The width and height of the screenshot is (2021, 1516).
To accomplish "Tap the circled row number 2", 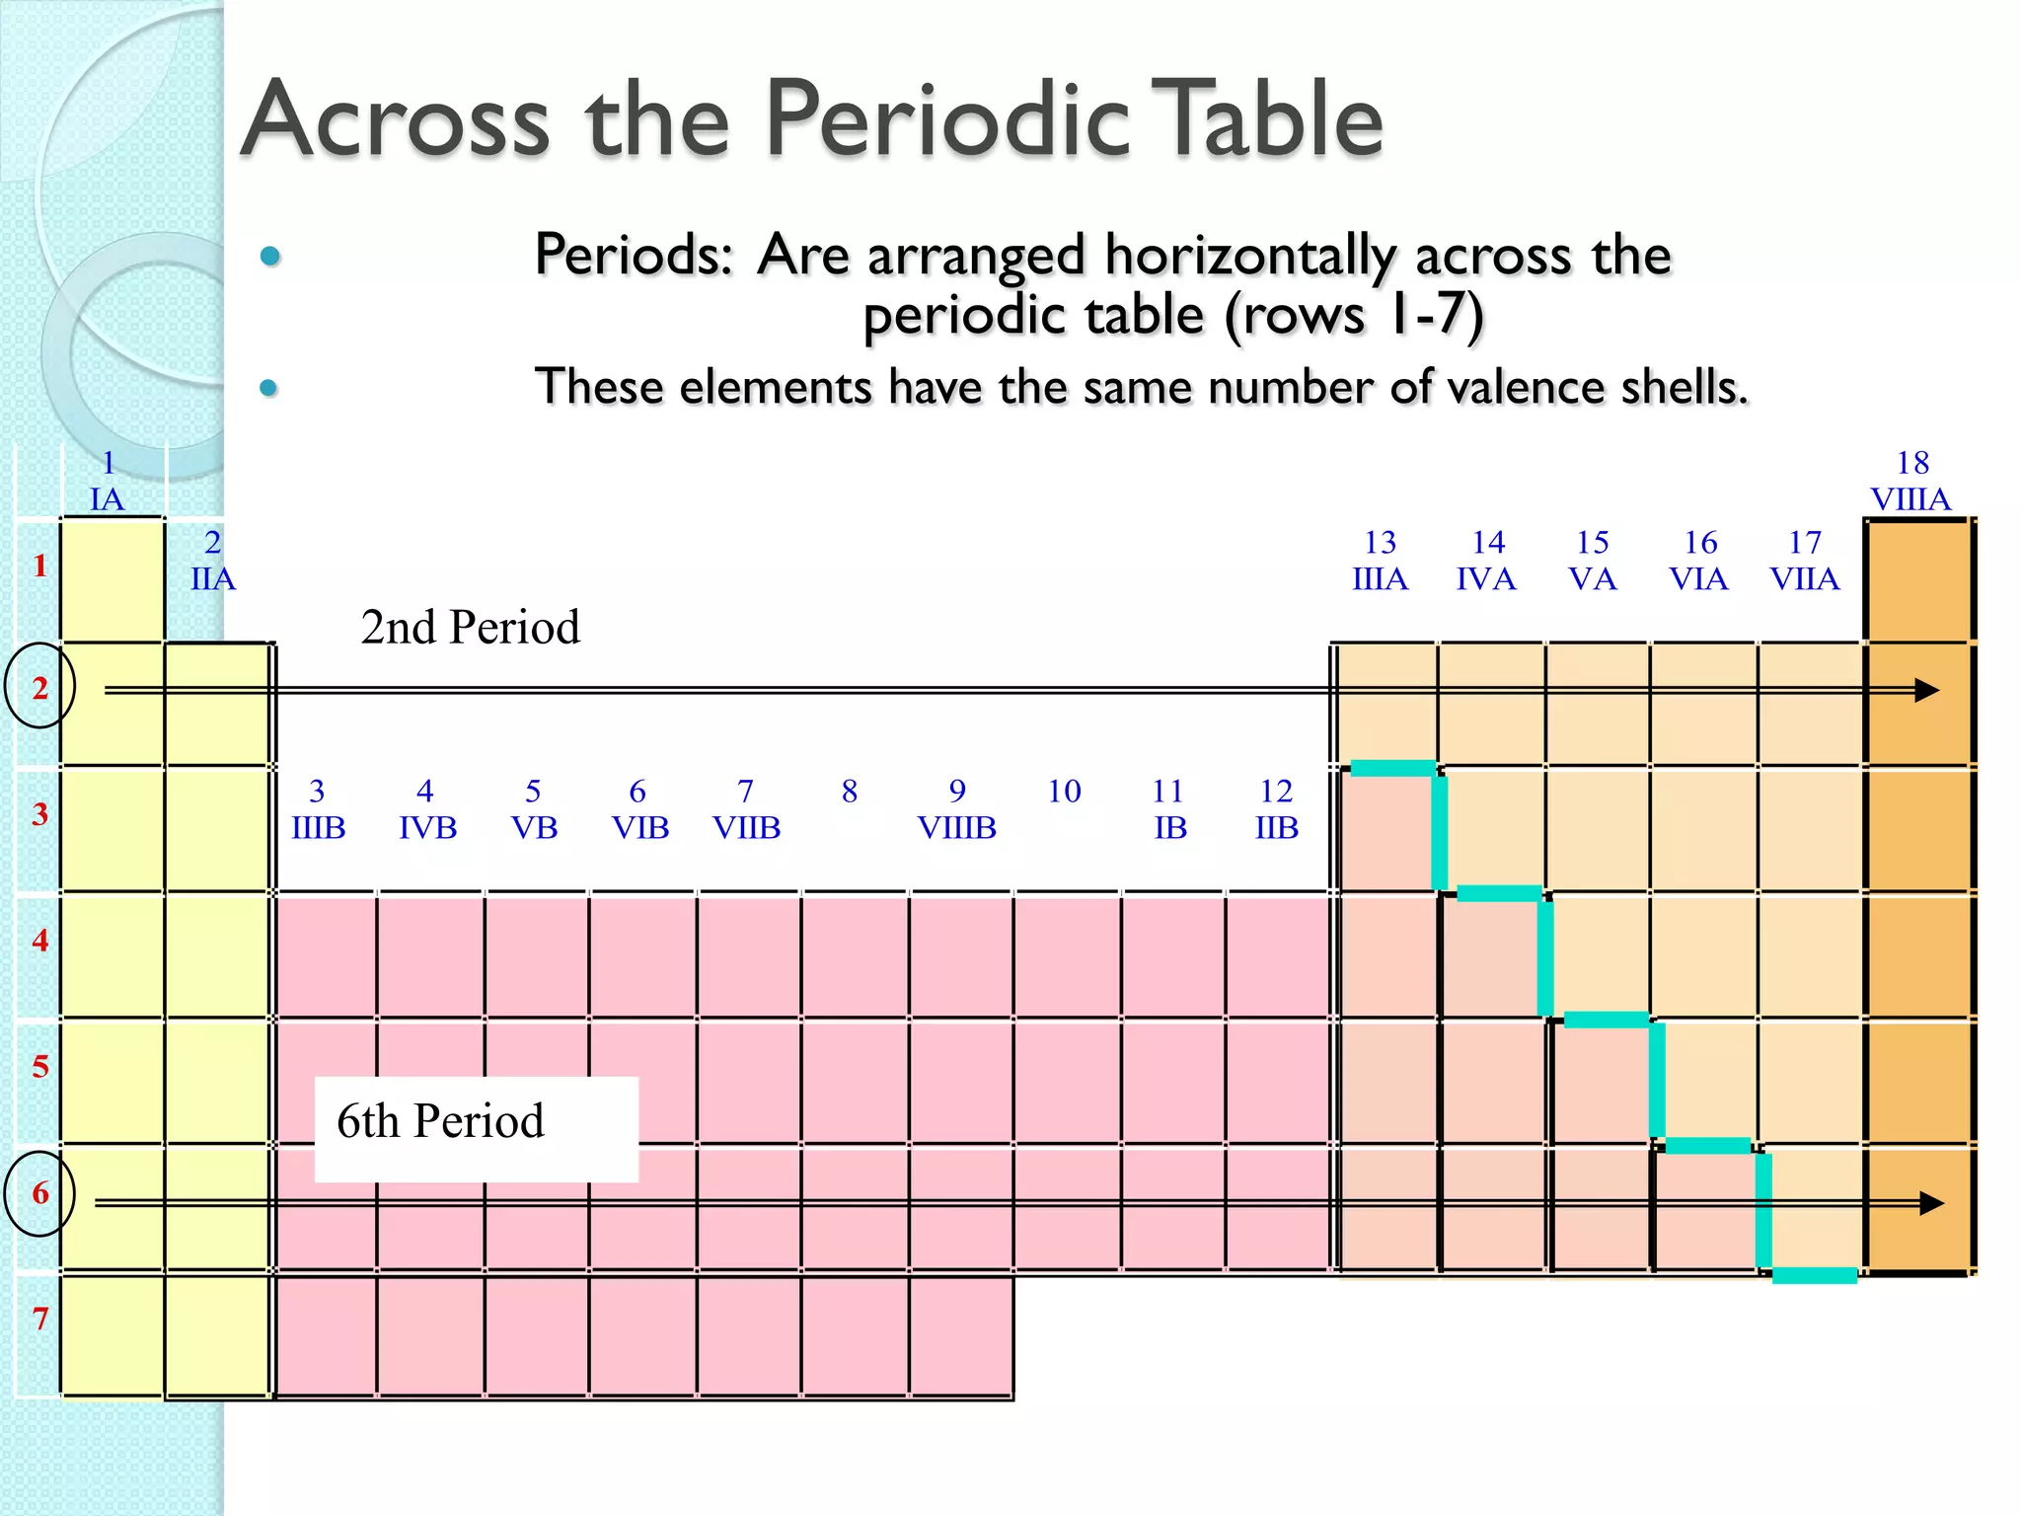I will tap(40, 687).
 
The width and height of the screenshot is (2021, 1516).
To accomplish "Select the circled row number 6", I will tap(40, 1193).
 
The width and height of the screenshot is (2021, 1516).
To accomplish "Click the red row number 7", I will tap(40, 1319).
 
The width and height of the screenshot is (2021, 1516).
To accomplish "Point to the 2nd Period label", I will tap(470, 628).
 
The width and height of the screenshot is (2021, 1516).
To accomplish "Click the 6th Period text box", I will tap(476, 1128).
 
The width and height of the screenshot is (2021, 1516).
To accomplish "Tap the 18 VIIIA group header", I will tap(1911, 482).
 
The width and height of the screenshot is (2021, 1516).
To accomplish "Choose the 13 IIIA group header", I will tap(1380, 561).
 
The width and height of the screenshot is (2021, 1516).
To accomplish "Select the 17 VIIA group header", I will tap(1804, 561).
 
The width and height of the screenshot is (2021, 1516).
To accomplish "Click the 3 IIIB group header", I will tap(318, 809).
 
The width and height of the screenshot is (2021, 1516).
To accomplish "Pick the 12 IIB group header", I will tap(1276, 809).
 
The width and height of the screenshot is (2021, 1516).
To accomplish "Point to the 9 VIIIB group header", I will tap(956, 809).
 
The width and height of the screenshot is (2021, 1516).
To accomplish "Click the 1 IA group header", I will tap(108, 482).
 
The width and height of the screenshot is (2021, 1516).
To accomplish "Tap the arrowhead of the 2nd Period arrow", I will tap(1926, 691).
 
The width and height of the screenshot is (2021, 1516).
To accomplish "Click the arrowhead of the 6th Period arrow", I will tap(1931, 1203).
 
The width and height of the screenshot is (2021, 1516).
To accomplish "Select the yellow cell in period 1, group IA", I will tap(112, 580).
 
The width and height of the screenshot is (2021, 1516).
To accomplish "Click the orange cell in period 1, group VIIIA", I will tap(1916, 580).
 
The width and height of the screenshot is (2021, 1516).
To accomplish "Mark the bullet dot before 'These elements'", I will tap(268, 388).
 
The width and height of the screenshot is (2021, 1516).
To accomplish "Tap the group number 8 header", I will tap(850, 792).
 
